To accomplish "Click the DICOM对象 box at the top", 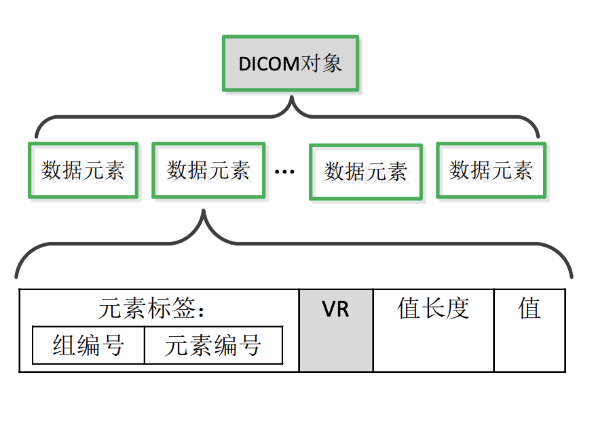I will pyautogui.click(x=291, y=64).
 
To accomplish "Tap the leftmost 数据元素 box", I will pyautogui.click(x=83, y=170).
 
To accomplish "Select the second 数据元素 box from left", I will pyautogui.click(x=208, y=170).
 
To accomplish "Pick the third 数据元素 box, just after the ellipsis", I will pyautogui.click(x=365, y=172).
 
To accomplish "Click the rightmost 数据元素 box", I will pyautogui.click(x=491, y=170).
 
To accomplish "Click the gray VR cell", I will pyautogui.click(x=336, y=331).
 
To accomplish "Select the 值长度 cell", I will pyautogui.click(x=433, y=331).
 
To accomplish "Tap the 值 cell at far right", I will pyautogui.click(x=529, y=331).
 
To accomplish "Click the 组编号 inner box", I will pyautogui.click(x=88, y=346).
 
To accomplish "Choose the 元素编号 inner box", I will pyautogui.click(x=213, y=346).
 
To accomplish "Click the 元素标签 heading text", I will pyautogui.click(x=146, y=309).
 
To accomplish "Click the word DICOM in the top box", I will pyautogui.click(x=269, y=64).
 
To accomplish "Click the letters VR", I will pyautogui.click(x=335, y=310).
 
